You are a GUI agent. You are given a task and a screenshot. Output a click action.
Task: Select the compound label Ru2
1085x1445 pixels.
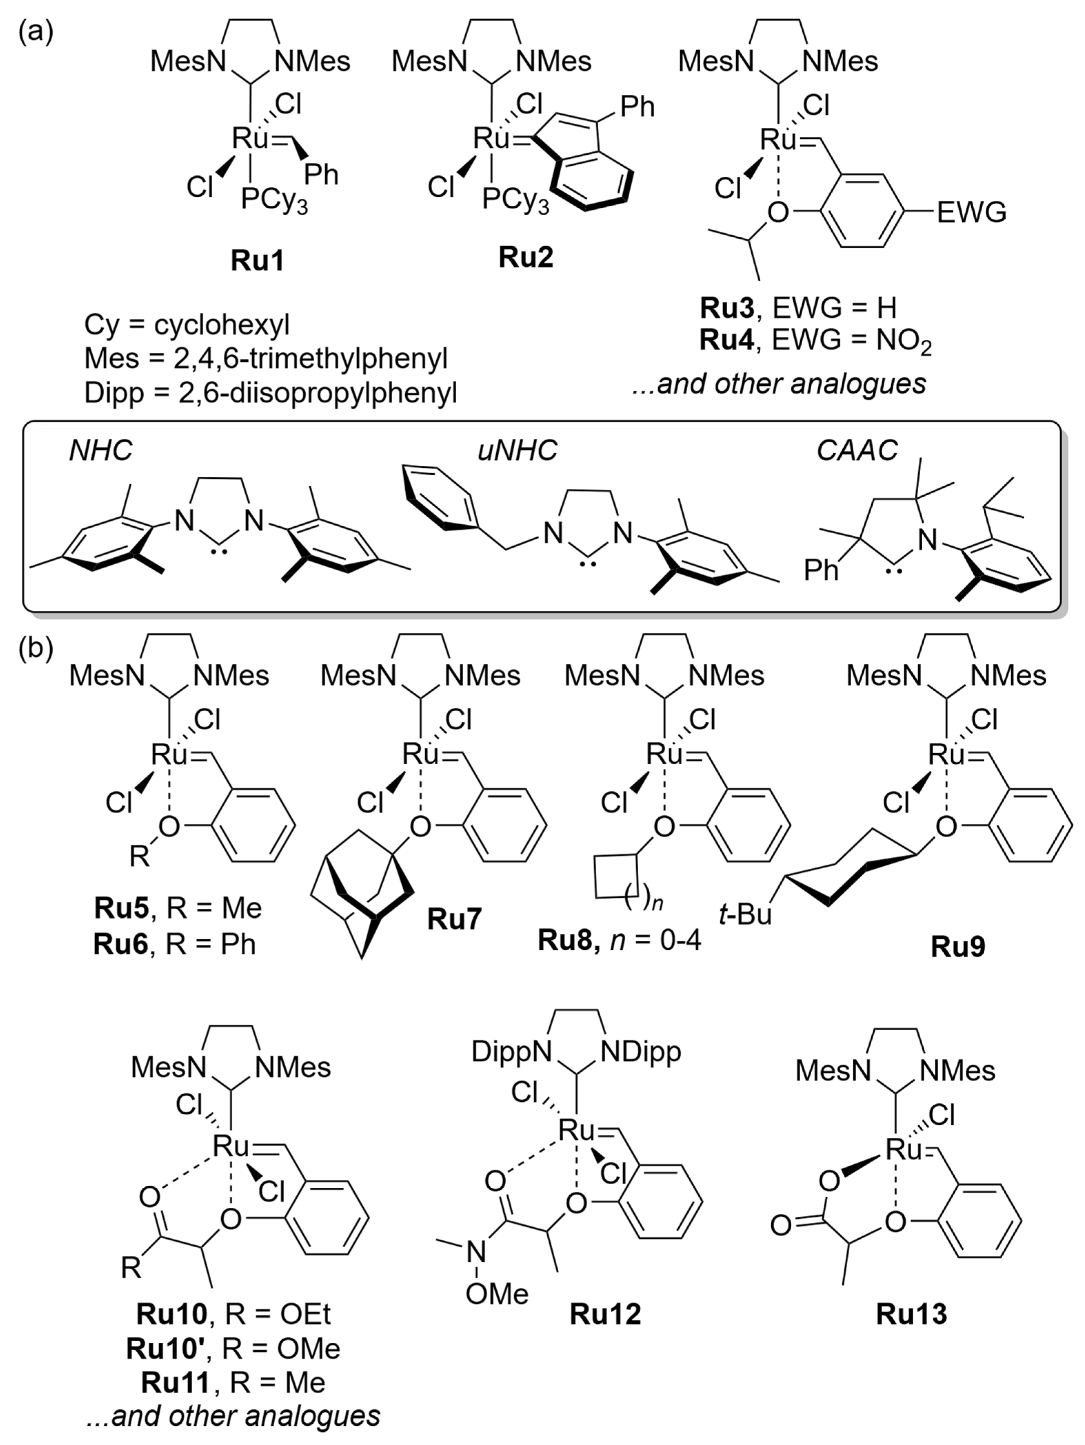[526, 257]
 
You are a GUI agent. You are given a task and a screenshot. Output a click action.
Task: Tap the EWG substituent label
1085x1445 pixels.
[971, 212]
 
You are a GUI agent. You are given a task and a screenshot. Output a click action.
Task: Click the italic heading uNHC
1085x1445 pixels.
[517, 450]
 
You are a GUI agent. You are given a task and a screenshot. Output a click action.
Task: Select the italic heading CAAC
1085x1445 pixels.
[857, 450]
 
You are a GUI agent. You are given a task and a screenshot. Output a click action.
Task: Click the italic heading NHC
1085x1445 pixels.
[101, 450]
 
